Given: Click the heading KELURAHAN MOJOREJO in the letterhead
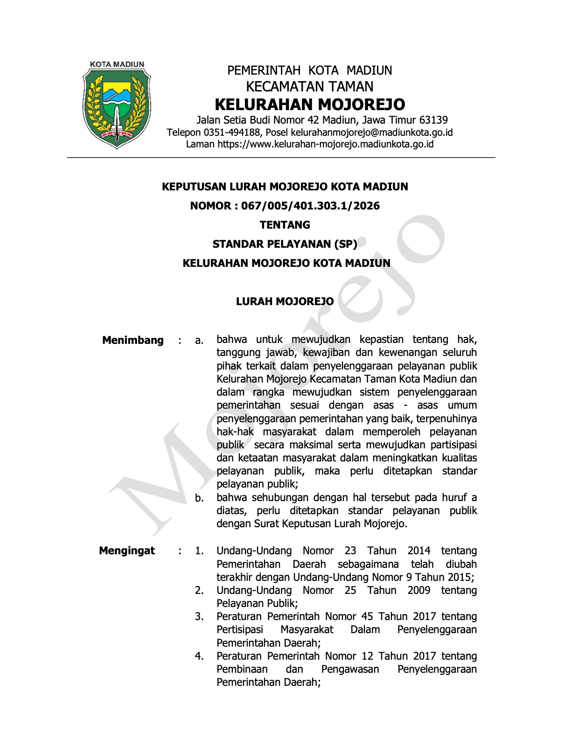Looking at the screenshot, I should (x=309, y=104).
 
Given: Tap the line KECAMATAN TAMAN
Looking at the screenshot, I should (x=309, y=86).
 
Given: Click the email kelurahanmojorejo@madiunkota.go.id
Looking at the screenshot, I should (x=371, y=132).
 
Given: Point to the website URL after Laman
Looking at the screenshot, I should (x=326, y=144).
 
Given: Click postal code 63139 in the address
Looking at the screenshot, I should (x=433, y=120).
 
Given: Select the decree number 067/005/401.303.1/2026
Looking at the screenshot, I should (x=310, y=206).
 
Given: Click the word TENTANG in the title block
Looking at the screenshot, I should (x=285, y=225).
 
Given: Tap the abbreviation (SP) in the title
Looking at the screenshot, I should (x=346, y=244).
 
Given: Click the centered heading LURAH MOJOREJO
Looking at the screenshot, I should (x=285, y=301).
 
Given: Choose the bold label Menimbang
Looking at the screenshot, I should (x=133, y=340).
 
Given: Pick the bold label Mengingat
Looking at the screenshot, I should (x=127, y=551).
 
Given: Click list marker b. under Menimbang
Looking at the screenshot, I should (x=199, y=498).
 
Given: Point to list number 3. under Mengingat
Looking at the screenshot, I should (x=199, y=617).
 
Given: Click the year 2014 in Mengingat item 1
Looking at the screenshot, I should (x=418, y=551).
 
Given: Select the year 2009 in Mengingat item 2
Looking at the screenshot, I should (x=418, y=590).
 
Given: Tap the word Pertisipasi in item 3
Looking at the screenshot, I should (x=240, y=630).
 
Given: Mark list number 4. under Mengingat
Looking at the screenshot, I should (x=199, y=656).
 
